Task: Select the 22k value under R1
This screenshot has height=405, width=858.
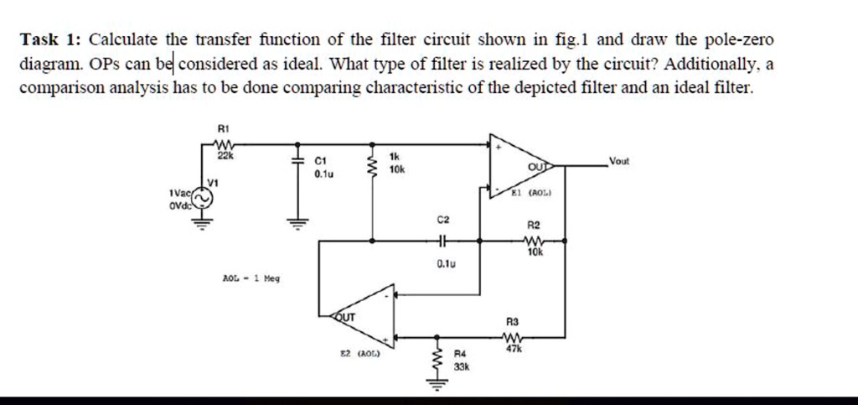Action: (224, 157)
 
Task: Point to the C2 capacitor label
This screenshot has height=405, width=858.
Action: (443, 219)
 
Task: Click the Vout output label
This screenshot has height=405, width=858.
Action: (619, 160)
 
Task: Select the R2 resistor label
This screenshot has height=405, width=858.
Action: (534, 226)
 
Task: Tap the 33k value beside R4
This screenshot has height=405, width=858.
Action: (461, 367)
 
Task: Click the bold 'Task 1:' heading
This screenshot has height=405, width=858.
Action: (51, 40)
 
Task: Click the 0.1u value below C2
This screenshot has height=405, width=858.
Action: (445, 264)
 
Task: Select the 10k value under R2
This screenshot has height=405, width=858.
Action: (535, 252)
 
